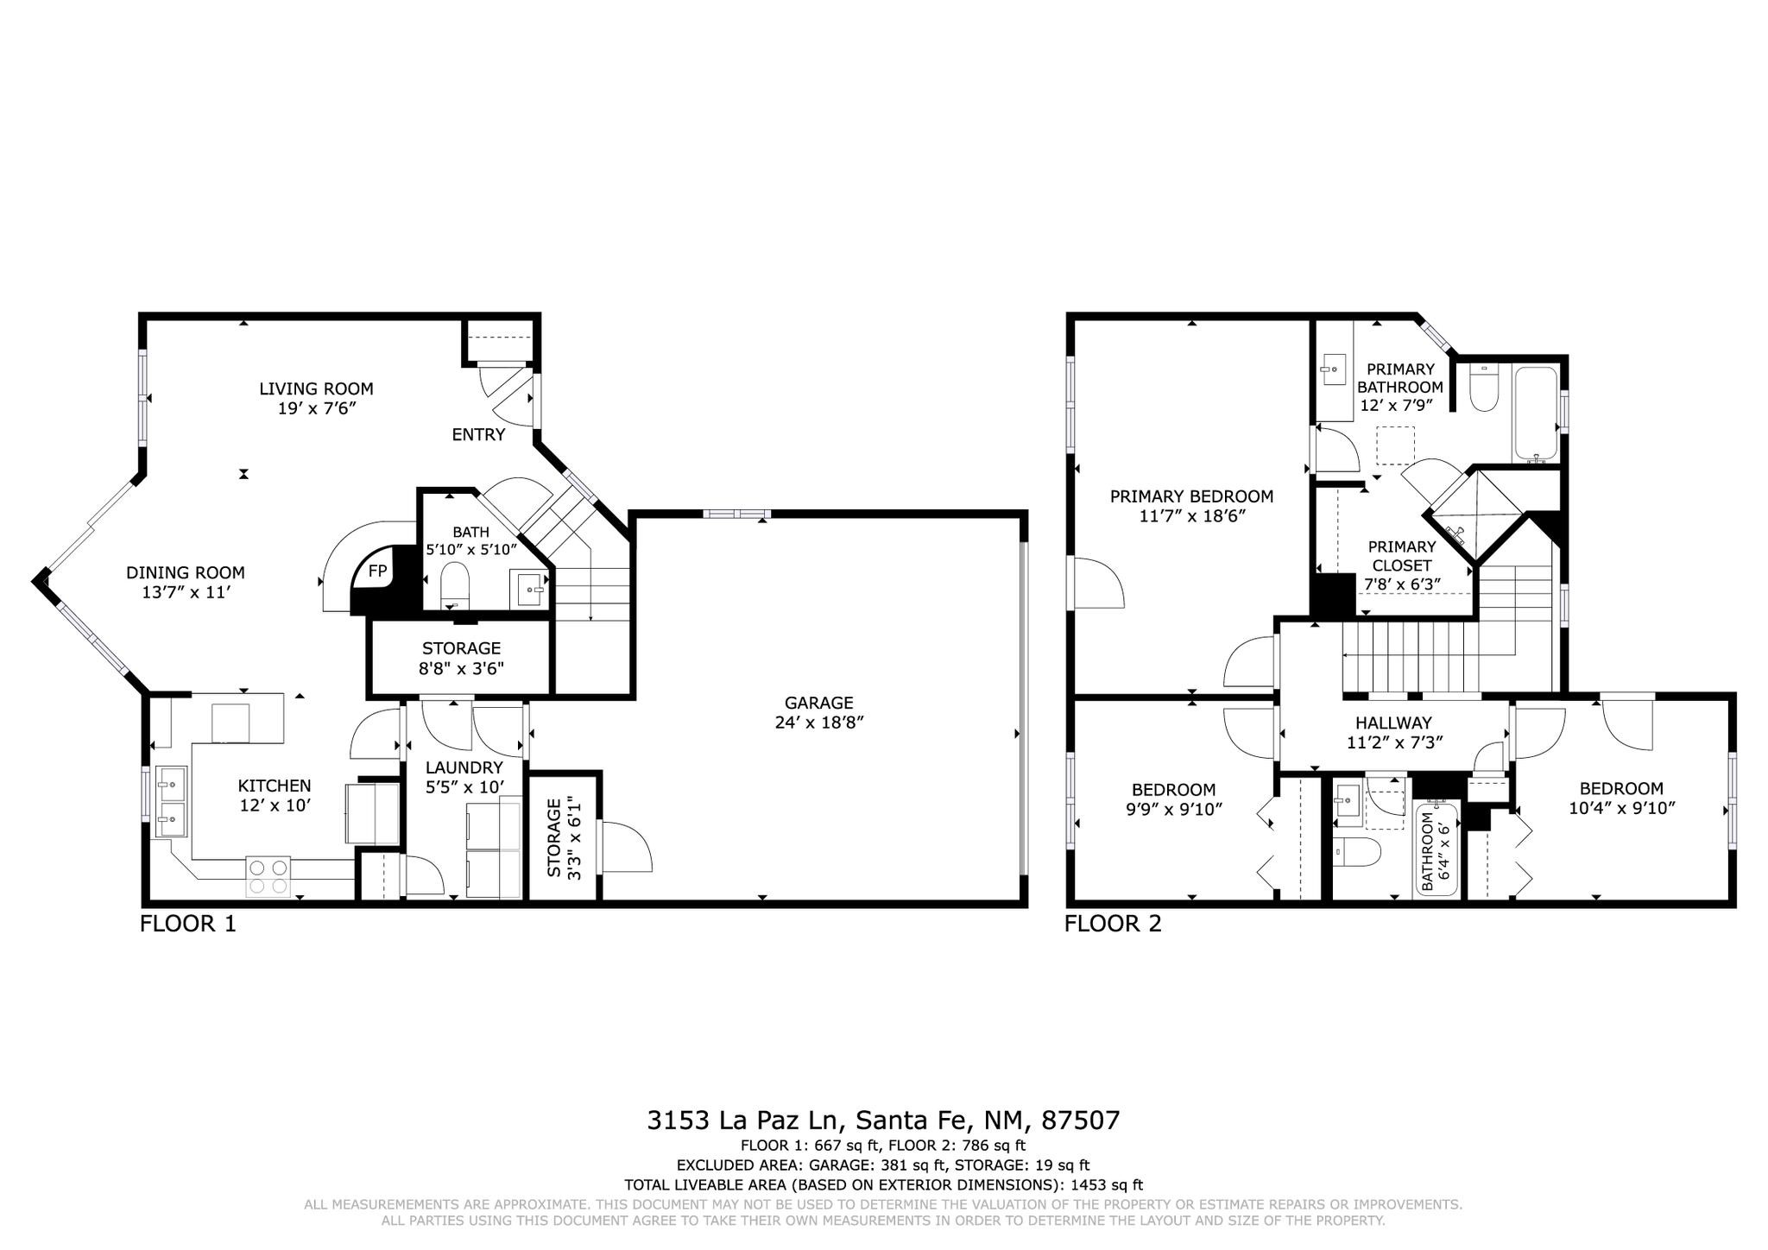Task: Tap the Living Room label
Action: [x=316, y=388]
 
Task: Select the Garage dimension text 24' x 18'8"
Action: [x=819, y=722]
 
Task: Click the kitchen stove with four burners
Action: [x=268, y=875]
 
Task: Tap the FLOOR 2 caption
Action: [x=1113, y=925]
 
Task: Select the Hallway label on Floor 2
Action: [x=1393, y=723]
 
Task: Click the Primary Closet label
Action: [x=1402, y=556]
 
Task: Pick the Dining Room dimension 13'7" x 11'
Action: [x=186, y=592]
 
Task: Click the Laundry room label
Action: [x=464, y=767]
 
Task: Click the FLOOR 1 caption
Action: [x=187, y=925]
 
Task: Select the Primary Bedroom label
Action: [x=1191, y=496]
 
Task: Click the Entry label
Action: [x=478, y=434]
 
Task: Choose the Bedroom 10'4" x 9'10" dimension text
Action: [x=1621, y=808]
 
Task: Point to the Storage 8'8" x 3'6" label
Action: [x=461, y=667]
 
